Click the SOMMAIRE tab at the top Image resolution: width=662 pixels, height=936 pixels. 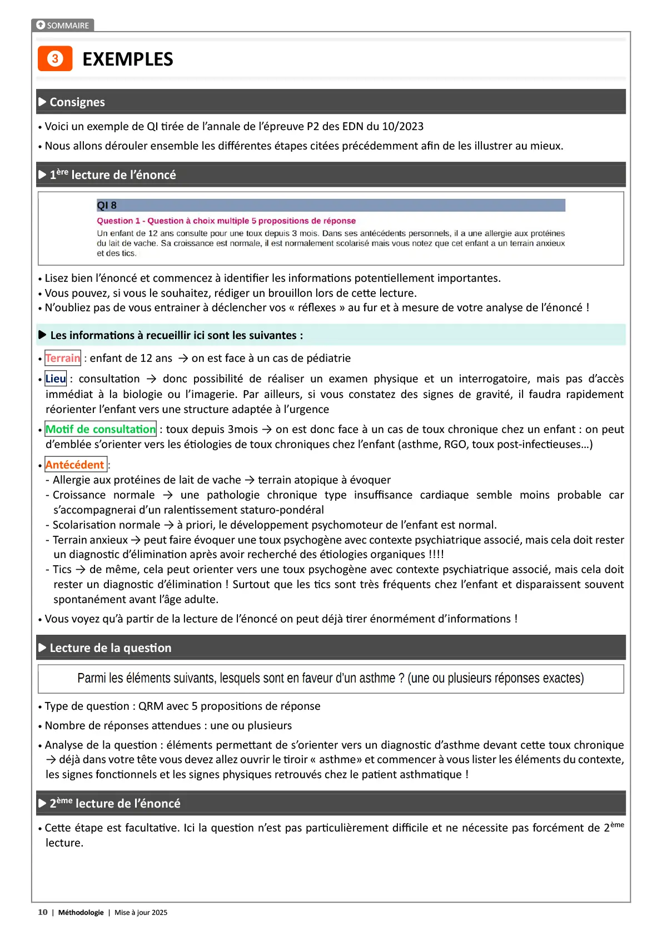pyautogui.click(x=63, y=26)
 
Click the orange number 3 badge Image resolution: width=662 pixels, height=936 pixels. pyautogui.click(x=55, y=59)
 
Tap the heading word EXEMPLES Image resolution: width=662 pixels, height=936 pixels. pyautogui.click(x=127, y=59)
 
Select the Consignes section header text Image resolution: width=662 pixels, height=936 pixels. pyautogui.click(x=77, y=102)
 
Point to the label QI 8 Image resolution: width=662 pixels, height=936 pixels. pyautogui.click(x=107, y=206)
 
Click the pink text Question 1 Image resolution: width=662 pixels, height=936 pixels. pyautogui.click(x=118, y=221)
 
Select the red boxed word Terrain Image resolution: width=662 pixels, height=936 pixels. pyautogui.click(x=63, y=359)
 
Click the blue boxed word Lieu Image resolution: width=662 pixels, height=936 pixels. pyautogui.click(x=56, y=379)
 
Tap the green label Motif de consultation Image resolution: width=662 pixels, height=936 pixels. pyautogui.click(x=101, y=430)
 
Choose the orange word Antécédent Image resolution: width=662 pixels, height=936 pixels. pyautogui.click(x=75, y=465)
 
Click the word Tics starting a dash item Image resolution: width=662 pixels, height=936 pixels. pyautogui.click(x=62, y=570)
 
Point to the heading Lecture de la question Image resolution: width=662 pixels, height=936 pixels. pyautogui.click(x=111, y=648)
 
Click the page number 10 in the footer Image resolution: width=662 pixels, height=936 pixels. pyautogui.click(x=43, y=913)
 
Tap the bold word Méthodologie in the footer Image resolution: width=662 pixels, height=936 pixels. pyautogui.click(x=81, y=913)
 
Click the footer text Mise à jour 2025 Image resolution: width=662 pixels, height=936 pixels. pyautogui.click(x=141, y=913)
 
